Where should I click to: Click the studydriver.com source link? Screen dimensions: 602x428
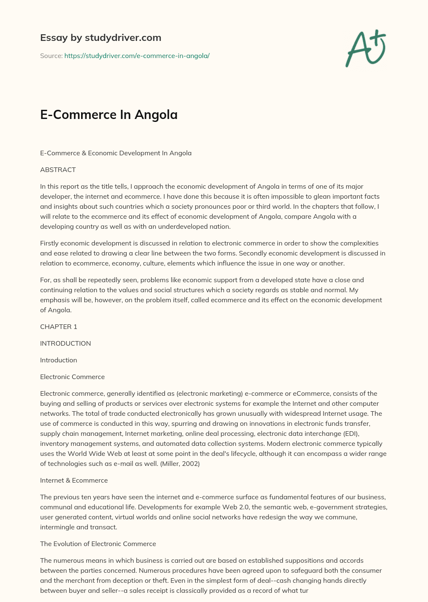[137, 56]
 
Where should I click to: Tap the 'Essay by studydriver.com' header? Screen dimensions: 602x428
[100, 38]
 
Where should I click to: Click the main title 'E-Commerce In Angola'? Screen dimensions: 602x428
[109, 114]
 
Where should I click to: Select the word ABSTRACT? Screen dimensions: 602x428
[58, 169]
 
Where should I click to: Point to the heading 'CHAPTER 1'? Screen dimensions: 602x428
[59, 326]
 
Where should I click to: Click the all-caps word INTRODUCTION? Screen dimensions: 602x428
[65, 343]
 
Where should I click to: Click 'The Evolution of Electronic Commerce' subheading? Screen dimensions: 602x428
[98, 544]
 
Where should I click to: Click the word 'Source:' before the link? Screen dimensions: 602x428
[51, 56]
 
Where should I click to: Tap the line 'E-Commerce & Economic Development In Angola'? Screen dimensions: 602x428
[116, 153]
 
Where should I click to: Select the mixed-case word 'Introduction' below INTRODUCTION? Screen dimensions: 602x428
[59, 360]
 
